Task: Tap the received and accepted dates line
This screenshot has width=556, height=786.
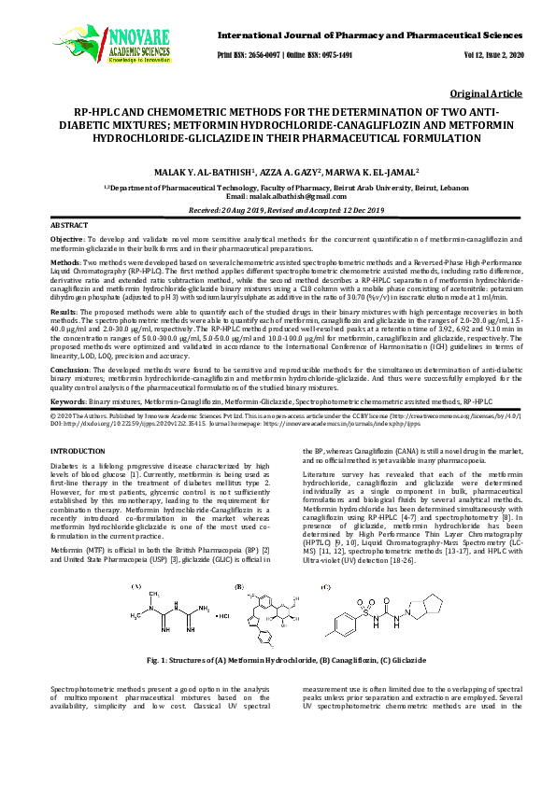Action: tap(278, 210)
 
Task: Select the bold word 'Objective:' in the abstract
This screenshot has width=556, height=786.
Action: tap(66, 240)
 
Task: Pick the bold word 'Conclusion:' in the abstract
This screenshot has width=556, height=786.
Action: tap(69, 369)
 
